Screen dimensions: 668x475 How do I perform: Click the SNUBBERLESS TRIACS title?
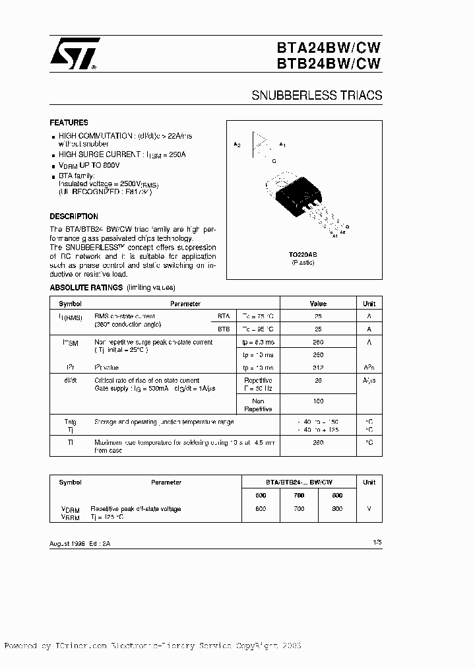coord(317,95)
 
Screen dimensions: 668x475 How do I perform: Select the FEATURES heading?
coord(69,123)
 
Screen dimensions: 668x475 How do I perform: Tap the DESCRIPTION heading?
coord(74,217)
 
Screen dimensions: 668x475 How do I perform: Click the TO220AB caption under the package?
coord(303,254)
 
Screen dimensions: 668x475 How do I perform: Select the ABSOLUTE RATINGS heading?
coord(86,288)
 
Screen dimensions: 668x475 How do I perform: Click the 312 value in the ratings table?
coord(318,367)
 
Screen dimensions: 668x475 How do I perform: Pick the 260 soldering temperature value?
coord(318,443)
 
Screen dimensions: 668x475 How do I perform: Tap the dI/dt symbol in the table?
coord(70,381)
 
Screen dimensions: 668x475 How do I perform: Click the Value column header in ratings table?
coord(318,304)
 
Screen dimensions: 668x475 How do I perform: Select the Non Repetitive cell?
coord(258,405)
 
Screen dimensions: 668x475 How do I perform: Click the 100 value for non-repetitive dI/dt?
coord(318,401)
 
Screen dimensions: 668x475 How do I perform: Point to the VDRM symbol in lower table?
coord(70,509)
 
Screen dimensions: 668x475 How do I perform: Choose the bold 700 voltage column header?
coord(299,495)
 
